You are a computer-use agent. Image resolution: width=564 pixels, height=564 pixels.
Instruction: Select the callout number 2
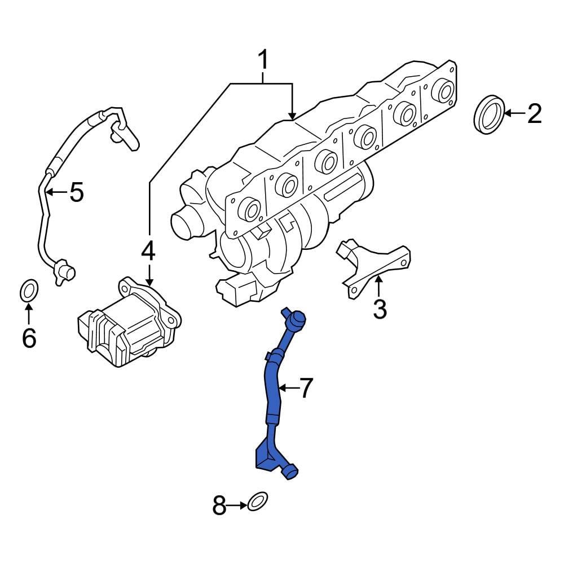(534, 114)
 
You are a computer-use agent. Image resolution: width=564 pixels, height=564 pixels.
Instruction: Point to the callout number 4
(148, 251)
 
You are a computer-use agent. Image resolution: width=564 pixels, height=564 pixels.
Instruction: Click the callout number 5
(76, 192)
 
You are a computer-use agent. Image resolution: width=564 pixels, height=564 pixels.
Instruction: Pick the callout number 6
(29, 338)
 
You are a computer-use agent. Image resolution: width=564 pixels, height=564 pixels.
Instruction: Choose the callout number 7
(305, 388)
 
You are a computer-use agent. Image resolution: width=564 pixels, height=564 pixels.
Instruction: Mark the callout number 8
(219, 505)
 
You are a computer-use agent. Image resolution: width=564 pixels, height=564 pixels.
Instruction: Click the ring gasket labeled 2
(488, 115)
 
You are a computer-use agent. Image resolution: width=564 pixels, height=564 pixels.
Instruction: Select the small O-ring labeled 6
(29, 291)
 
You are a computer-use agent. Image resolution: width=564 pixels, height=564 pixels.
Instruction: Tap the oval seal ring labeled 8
(257, 501)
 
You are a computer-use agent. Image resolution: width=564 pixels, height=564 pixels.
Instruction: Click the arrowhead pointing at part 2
(506, 114)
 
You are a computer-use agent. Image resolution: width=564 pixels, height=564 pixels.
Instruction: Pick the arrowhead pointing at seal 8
(243, 505)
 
